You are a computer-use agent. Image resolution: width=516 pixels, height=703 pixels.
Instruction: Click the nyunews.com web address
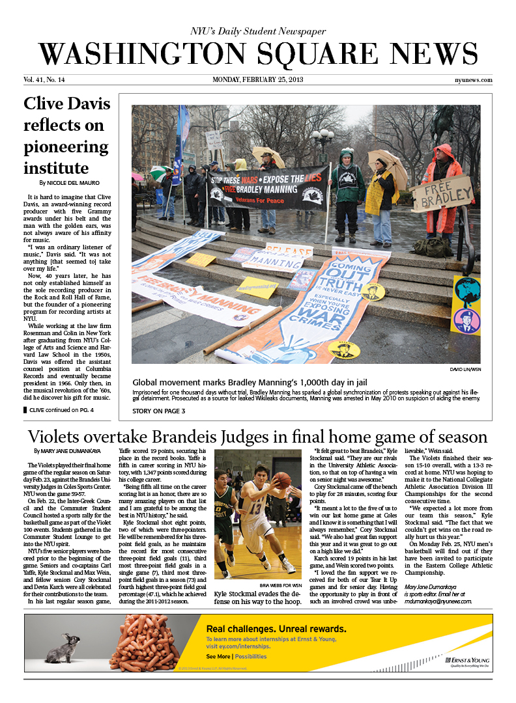473,81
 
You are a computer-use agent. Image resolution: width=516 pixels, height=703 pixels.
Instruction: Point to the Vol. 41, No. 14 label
44,81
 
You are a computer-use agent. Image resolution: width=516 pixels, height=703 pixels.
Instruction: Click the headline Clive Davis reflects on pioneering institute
66,135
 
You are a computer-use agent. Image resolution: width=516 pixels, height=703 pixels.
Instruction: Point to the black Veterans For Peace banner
267,187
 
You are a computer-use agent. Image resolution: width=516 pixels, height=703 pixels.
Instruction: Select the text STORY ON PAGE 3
159,411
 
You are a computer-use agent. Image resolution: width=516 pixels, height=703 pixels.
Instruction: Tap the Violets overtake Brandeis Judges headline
257,436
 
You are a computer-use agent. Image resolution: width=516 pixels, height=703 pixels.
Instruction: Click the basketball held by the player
281,480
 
